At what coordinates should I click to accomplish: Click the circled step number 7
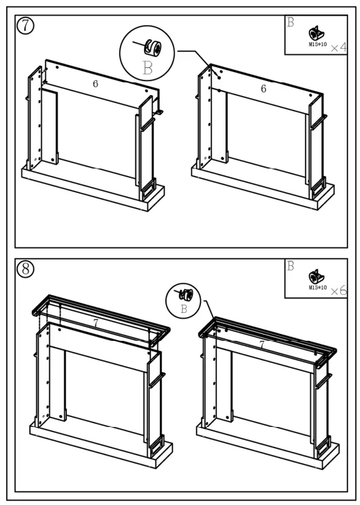point(26,26)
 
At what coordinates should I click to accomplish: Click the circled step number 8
point(26,269)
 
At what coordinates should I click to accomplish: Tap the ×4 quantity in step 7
point(339,47)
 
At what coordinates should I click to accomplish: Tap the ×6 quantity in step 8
point(339,291)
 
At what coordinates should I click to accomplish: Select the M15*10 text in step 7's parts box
point(318,44)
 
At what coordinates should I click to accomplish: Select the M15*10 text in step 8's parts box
point(318,287)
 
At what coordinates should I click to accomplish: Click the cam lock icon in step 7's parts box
point(317,34)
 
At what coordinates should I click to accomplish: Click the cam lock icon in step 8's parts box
point(317,277)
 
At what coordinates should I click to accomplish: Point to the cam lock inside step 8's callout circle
point(185,295)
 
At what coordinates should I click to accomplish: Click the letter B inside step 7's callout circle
point(147,68)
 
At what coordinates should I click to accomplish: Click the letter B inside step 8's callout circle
point(184,309)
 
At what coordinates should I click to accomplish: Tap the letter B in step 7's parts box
point(291,22)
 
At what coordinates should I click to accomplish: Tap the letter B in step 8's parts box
point(291,266)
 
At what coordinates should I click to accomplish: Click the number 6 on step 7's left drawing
point(95,84)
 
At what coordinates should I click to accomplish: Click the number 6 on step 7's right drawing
point(264,89)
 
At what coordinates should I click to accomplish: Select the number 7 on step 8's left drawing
point(95,323)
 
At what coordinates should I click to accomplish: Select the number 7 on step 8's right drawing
point(262,345)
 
